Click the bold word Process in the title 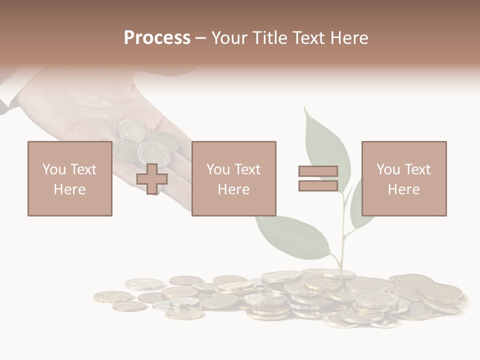pyautogui.click(x=157, y=38)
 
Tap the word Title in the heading pyautogui.click(x=270, y=38)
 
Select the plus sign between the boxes pyautogui.click(x=152, y=179)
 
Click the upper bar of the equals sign pyautogui.click(x=318, y=171)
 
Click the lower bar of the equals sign pyautogui.click(x=318, y=185)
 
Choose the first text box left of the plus pyautogui.click(x=69, y=178)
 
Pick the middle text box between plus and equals pyautogui.click(x=233, y=178)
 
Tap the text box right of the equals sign pyautogui.click(x=403, y=178)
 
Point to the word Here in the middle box pyautogui.click(x=233, y=189)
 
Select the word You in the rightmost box pyautogui.click(x=388, y=169)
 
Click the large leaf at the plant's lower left pyautogui.click(x=292, y=237)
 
